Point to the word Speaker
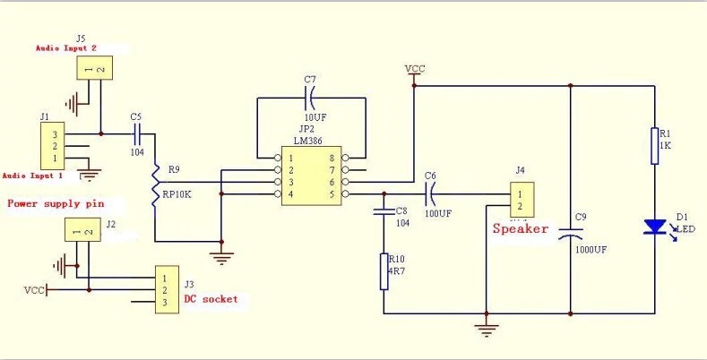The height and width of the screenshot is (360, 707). tap(521, 229)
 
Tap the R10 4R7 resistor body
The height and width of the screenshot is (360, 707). tap(384, 272)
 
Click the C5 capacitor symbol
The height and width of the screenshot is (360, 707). tap(138, 133)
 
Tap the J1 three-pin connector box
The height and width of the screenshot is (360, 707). tap(50, 145)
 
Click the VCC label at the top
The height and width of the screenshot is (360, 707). tap(415, 68)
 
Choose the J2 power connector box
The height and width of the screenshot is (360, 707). tap(79, 232)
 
